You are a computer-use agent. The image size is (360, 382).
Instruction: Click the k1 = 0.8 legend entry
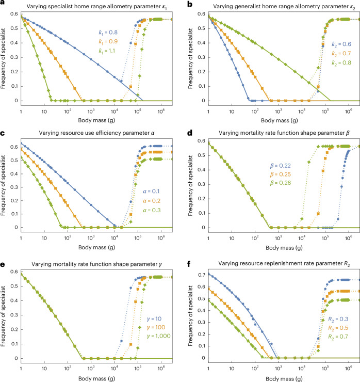point(108,33)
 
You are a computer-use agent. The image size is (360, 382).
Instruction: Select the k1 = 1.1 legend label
point(107,51)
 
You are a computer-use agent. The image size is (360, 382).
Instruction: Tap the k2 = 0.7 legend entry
point(341,53)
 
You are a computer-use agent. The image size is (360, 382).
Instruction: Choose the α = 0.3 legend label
point(152,210)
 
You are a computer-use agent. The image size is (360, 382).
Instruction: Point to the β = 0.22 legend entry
point(281,166)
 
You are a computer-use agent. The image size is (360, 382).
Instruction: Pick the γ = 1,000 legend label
point(159,336)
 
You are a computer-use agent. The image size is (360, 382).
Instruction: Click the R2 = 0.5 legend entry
point(338,328)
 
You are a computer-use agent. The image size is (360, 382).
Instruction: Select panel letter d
point(190,133)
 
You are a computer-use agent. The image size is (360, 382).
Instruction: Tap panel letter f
point(189,264)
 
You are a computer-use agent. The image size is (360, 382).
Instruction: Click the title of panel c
point(96,133)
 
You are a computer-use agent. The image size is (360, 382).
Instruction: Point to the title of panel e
point(96,264)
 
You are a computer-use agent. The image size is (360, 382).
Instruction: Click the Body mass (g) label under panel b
point(279,120)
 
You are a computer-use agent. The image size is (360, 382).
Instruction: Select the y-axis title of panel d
point(190,186)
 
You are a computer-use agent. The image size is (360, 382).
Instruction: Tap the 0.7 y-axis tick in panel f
point(202,275)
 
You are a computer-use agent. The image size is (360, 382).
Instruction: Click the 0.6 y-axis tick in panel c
point(14,147)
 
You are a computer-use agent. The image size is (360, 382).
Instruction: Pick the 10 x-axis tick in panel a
point(44,112)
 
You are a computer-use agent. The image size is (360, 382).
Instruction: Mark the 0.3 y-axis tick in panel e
point(14,315)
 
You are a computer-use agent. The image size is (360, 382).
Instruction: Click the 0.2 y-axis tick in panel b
point(202,72)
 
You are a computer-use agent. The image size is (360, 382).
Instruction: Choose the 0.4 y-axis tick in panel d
point(202,170)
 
